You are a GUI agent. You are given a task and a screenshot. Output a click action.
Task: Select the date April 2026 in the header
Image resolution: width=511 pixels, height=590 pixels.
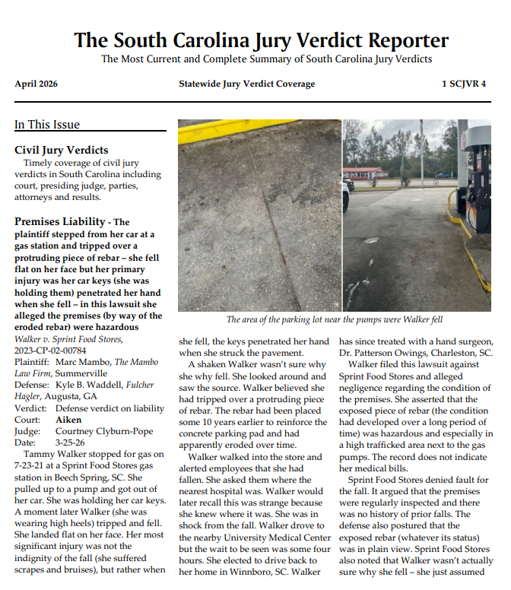tap(36, 84)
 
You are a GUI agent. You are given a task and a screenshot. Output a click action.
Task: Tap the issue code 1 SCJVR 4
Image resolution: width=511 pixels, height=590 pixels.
tap(464, 84)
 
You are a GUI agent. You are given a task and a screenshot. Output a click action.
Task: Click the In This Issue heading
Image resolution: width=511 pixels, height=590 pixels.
tap(47, 125)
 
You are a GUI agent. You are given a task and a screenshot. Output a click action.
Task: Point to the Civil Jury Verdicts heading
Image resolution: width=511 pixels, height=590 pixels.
tap(62, 150)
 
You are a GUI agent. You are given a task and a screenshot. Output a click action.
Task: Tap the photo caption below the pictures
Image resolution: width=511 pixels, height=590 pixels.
tap(335, 319)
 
